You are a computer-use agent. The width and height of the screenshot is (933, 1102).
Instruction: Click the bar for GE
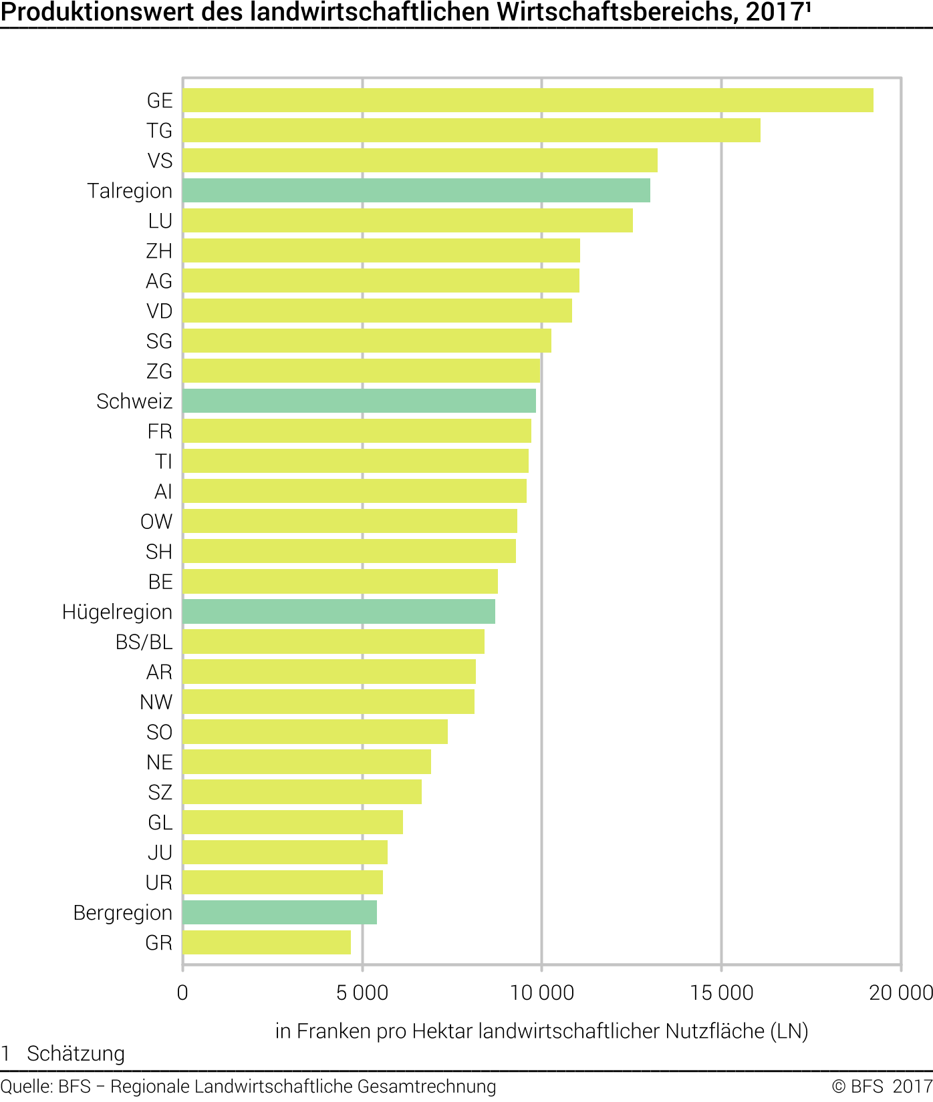click(x=528, y=100)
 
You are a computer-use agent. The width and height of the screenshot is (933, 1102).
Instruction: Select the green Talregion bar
click(x=416, y=190)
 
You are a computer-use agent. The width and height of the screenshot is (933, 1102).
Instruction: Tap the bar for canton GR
click(x=267, y=942)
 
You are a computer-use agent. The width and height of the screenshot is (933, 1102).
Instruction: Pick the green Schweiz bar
click(x=360, y=401)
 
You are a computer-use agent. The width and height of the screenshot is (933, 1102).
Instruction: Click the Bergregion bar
click(x=280, y=912)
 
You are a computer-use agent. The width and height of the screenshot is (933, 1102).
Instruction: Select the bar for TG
click(x=472, y=130)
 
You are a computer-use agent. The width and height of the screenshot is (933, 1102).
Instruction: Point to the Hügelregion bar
click(x=339, y=612)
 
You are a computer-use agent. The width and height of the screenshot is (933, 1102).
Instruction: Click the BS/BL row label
click(x=144, y=642)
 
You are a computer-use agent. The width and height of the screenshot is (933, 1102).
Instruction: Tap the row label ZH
click(x=159, y=251)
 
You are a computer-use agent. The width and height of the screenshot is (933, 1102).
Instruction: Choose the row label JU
click(x=160, y=853)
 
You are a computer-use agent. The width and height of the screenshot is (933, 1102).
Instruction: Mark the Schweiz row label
click(x=134, y=401)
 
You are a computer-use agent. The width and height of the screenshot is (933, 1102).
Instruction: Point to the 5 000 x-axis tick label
click(x=362, y=993)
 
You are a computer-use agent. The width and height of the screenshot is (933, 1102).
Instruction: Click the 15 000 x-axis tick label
click(x=721, y=993)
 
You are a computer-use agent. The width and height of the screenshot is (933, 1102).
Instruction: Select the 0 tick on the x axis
click(x=182, y=993)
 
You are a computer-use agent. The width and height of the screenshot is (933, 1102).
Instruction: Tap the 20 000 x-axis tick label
click(x=900, y=993)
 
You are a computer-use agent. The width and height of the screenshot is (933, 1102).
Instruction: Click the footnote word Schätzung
click(x=76, y=1054)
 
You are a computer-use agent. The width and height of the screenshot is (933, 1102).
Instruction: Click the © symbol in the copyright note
click(x=838, y=1087)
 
